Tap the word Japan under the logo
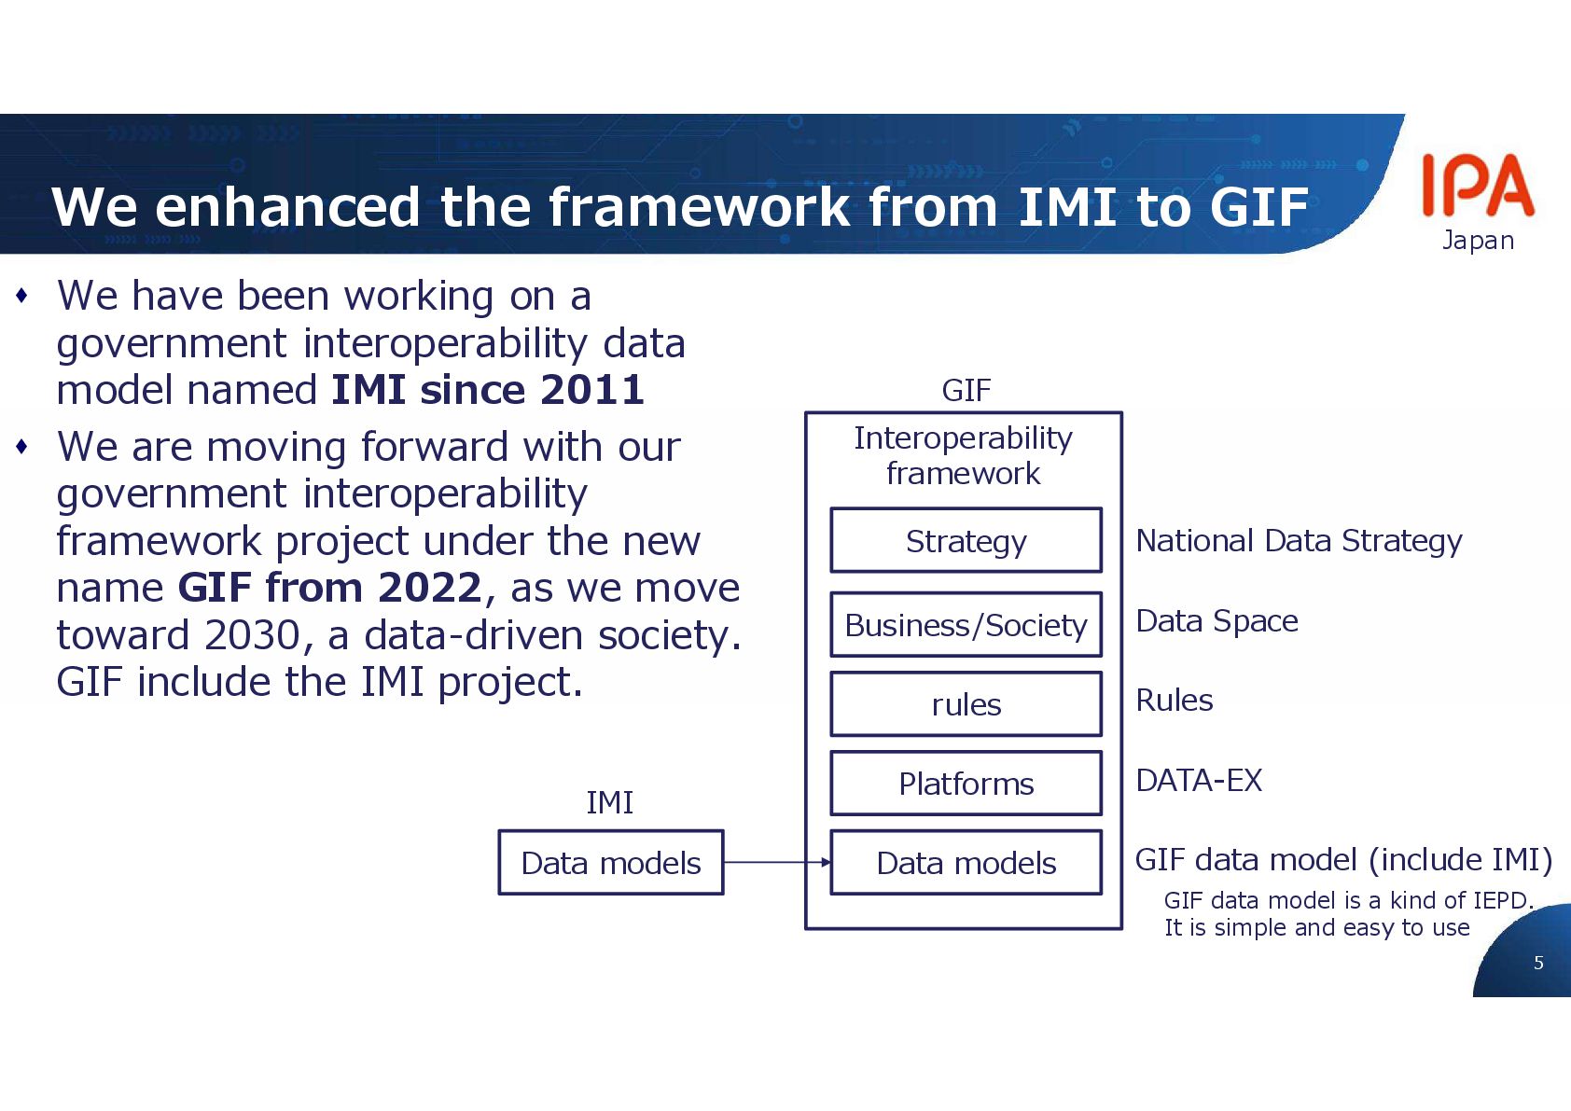point(1478,241)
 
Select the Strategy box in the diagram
point(966,541)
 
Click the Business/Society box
point(966,625)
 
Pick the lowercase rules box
point(966,704)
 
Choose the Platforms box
point(966,784)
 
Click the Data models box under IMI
point(610,863)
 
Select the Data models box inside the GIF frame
point(966,863)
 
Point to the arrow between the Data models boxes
point(776,863)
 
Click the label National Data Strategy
point(1299,541)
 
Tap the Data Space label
point(1216,621)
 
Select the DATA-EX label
point(1199,780)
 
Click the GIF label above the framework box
point(966,390)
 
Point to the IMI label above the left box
point(609,802)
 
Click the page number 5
point(1538,963)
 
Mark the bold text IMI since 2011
point(488,390)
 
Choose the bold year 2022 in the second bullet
point(429,588)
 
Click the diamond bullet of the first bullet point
point(22,297)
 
